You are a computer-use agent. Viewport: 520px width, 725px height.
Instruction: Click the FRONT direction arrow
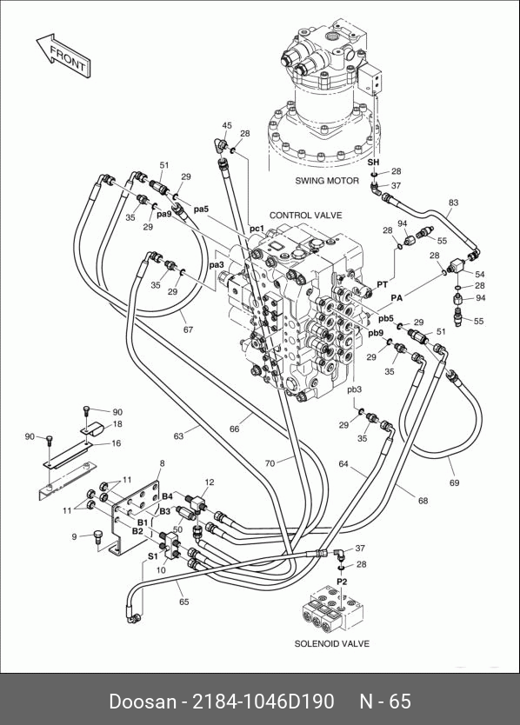tap(63, 55)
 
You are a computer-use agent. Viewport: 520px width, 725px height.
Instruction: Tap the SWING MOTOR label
tap(327, 181)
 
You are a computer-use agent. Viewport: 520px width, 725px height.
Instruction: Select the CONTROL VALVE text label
tap(306, 216)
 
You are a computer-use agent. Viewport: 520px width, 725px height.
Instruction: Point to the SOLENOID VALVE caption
tap(331, 643)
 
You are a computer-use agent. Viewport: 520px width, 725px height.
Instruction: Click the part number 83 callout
tap(453, 203)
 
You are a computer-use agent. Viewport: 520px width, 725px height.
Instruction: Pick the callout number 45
tap(227, 126)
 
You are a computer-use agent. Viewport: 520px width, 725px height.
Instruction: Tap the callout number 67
tap(188, 329)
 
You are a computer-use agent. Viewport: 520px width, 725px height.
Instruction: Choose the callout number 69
tap(454, 482)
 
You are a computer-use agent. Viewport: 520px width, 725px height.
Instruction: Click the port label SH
tap(373, 163)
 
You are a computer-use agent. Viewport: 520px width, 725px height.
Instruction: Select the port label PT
tap(382, 284)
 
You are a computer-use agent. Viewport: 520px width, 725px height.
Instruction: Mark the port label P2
tap(342, 582)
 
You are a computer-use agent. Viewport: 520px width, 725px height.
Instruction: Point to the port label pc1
tap(257, 229)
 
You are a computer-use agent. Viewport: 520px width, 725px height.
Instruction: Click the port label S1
tap(153, 556)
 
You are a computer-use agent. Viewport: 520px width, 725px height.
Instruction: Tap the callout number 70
tap(270, 462)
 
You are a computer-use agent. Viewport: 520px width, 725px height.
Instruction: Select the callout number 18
tap(117, 424)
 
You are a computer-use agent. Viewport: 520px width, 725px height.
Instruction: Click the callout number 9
tap(74, 537)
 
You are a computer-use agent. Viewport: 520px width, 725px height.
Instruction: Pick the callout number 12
tap(210, 482)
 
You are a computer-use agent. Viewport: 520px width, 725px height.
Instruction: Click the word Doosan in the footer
tap(143, 702)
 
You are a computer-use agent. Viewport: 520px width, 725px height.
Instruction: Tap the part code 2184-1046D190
tap(263, 702)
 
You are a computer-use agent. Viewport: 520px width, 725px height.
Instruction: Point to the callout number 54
tap(480, 275)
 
